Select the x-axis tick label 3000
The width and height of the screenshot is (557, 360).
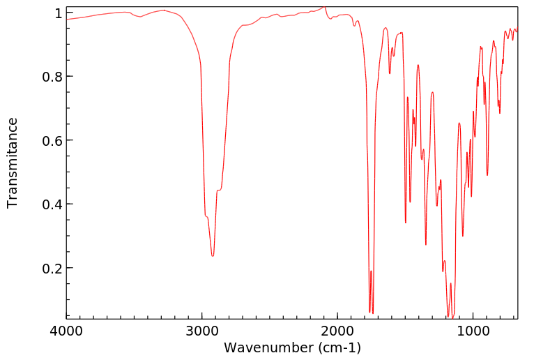coord(202,332)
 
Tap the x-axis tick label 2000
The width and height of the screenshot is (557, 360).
coord(337,332)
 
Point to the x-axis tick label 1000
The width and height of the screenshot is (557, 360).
coord(473,332)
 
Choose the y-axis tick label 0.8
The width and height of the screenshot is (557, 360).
coord(53,77)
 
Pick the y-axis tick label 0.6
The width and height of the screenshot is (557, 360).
coord(53,140)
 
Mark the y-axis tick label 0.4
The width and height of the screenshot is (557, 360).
coord(53,204)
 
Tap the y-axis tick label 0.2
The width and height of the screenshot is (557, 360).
coord(53,268)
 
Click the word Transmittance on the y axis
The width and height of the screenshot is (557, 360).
coord(13,163)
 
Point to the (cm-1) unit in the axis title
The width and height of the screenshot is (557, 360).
coord(337,347)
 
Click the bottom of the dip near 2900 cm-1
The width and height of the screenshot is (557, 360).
coord(213,256)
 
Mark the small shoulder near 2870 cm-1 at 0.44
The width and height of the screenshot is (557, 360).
coord(219,190)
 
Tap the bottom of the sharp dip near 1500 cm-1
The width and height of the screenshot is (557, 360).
coord(406,223)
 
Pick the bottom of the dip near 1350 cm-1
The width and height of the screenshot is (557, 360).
coord(426,244)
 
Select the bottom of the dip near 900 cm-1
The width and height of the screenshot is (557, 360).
coord(487,175)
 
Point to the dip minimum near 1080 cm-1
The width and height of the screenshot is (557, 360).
coord(463,236)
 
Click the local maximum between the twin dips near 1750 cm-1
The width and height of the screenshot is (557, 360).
coord(371,271)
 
